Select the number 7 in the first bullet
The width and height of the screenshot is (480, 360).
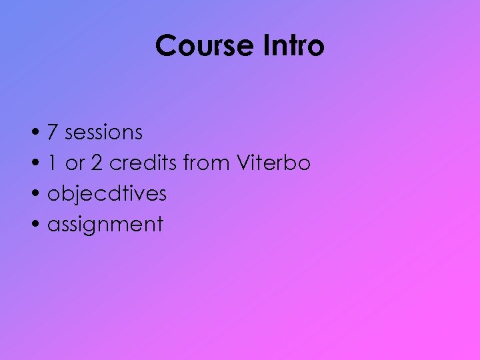pos(52,133)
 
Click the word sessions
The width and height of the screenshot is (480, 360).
pos(103,133)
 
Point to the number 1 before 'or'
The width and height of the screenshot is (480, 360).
pos(52,163)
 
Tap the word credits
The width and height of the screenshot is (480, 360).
pos(143,163)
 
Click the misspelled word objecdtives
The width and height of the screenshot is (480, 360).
pos(107,194)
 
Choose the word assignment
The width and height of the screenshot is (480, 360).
pos(105,225)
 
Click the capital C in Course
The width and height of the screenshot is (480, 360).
pos(165,46)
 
